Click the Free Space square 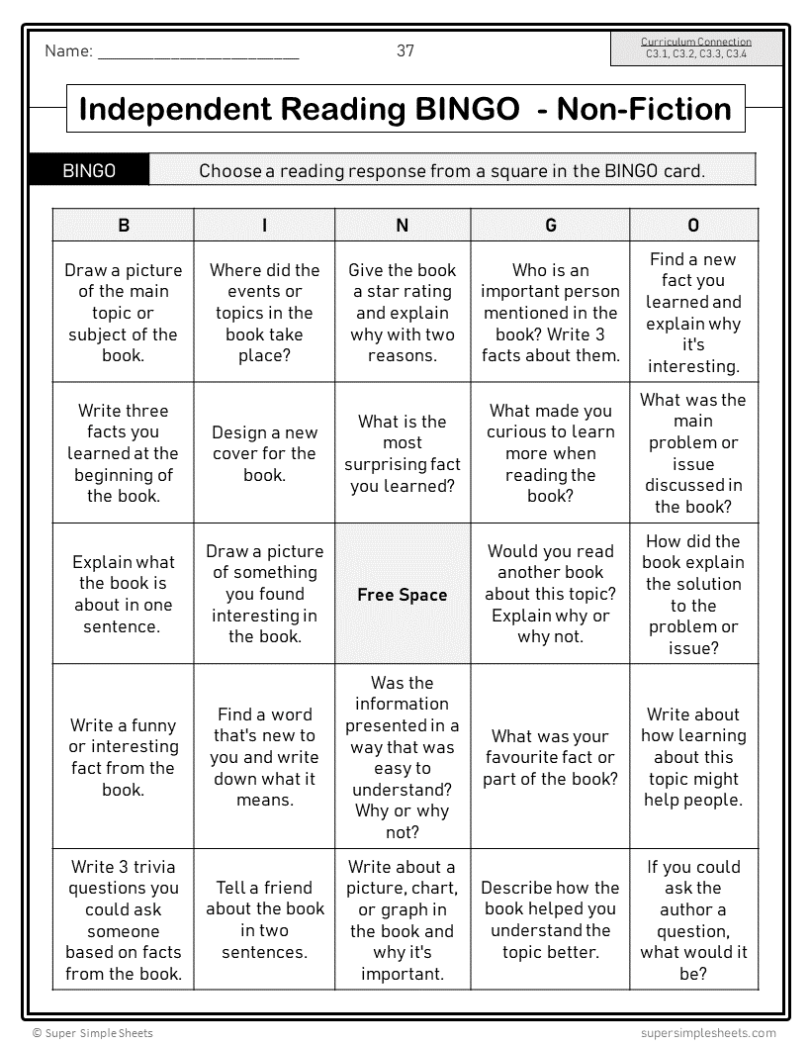coord(403,595)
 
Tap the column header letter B coord(124,226)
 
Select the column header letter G coord(551,226)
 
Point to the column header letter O coord(693,226)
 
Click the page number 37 coord(405,50)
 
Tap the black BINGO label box coord(89,170)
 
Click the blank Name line coord(198,53)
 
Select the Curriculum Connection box coord(696,48)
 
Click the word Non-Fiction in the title coord(644,109)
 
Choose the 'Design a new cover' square coord(264,453)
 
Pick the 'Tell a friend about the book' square coord(264,920)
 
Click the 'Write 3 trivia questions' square coord(124,920)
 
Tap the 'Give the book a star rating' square coord(403,313)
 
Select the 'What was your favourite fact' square coord(551,757)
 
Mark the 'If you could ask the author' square coord(693,920)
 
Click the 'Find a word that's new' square coord(264,757)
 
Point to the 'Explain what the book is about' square coord(124,594)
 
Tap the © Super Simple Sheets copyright coord(93,1033)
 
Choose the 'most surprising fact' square coord(403,453)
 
